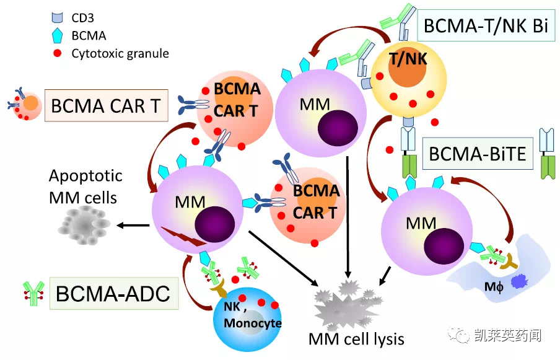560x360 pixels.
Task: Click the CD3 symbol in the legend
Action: (57, 17)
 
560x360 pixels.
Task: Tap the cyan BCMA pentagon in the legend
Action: (57, 35)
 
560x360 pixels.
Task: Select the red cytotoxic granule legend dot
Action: (57, 53)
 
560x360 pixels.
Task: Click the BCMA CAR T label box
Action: (106, 105)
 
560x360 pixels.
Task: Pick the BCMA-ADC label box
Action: (114, 293)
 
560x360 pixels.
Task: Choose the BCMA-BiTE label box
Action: (478, 154)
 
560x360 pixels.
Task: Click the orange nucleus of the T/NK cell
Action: (407, 67)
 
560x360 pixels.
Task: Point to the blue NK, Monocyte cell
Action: (247, 319)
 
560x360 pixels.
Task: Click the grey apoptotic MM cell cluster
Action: (84, 226)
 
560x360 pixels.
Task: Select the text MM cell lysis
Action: (356, 339)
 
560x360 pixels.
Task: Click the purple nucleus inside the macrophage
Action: (520, 281)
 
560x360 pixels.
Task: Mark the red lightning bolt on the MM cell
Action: (183, 236)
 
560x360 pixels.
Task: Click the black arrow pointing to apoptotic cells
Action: (133, 226)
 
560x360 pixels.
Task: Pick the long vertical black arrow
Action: (348, 217)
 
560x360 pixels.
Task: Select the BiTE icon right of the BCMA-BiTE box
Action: (547, 154)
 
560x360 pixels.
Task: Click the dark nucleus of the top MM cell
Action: (338, 128)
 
